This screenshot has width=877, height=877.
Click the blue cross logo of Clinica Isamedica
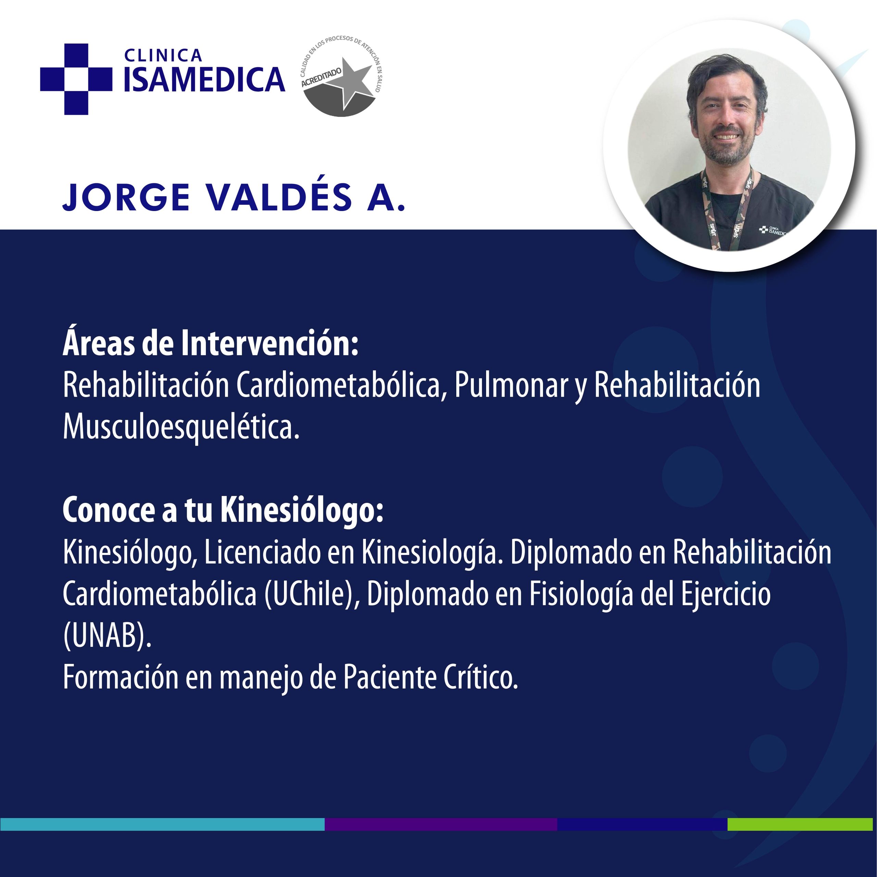pos(76,79)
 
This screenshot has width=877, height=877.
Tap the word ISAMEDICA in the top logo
pos(204,79)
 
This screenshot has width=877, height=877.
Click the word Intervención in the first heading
pos(270,343)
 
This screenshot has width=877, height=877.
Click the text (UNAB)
pos(107,635)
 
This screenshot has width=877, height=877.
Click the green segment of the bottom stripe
pos(800,824)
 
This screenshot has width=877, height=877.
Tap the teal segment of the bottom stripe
pos(162,824)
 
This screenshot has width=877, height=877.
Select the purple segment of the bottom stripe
pos(441,824)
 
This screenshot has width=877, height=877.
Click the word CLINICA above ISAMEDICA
pos(163,55)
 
